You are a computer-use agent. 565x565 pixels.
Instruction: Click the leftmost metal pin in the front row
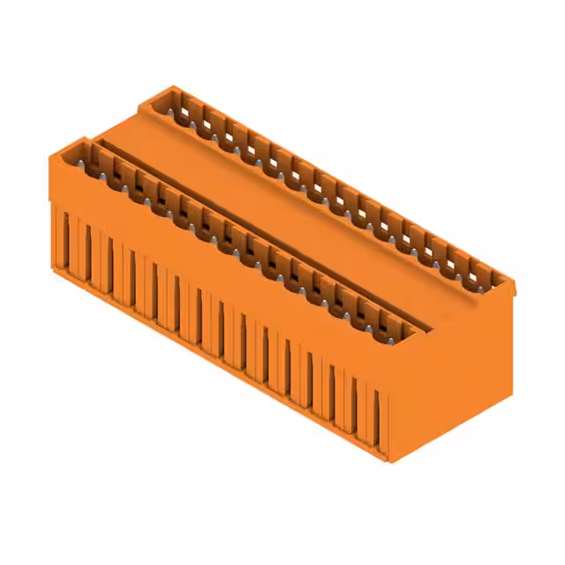[x=87, y=163]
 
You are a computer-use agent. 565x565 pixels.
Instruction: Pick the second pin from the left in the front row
[x=109, y=176]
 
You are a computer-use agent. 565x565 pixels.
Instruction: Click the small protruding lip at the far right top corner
[x=510, y=284]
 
